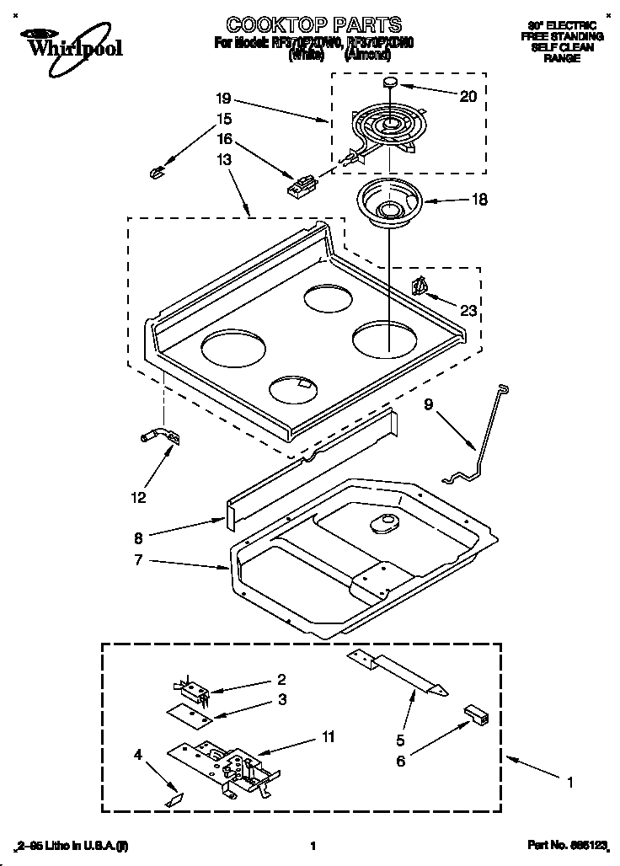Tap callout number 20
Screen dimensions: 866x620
pos(468,96)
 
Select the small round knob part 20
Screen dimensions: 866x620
pos(391,82)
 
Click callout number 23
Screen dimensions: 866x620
pos(468,311)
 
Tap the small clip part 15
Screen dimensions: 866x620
pos(154,173)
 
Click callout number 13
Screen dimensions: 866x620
pos(223,160)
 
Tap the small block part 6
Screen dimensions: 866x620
pos(476,714)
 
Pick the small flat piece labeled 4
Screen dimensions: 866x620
pos(174,796)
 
